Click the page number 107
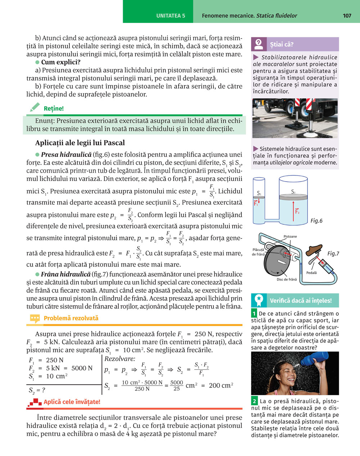click(347, 15)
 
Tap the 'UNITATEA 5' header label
click(171, 16)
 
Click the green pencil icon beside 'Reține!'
click(35, 108)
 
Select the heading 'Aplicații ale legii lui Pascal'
click(80, 143)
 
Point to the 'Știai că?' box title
click(282, 45)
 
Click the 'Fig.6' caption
click(316, 221)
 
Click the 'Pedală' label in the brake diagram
click(311, 273)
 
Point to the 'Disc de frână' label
click(287, 279)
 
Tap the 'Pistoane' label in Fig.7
click(290, 237)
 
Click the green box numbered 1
click(254, 314)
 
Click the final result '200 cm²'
click(221, 386)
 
